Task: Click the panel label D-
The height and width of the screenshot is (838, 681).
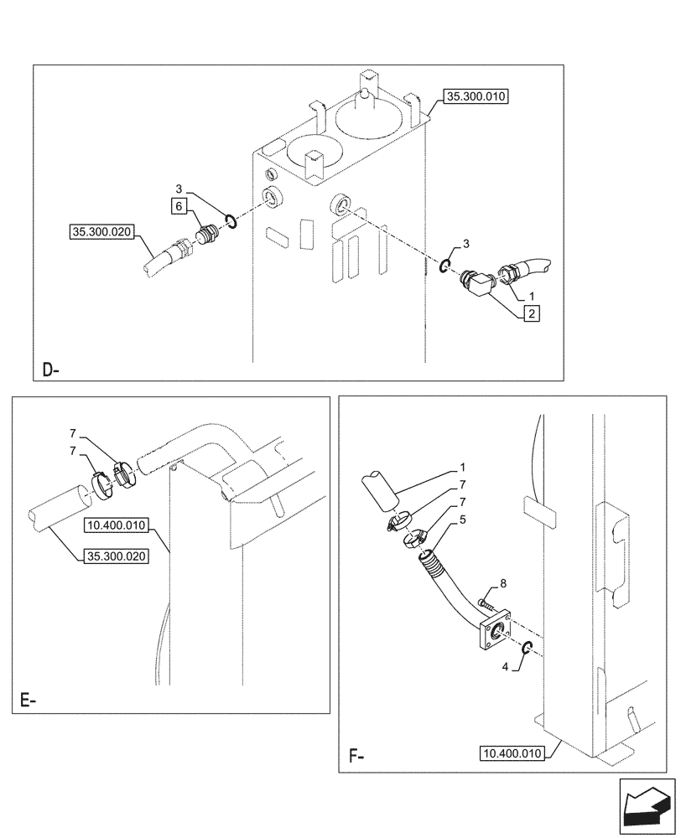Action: [50, 369]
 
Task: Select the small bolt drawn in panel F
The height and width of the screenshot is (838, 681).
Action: [486, 602]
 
